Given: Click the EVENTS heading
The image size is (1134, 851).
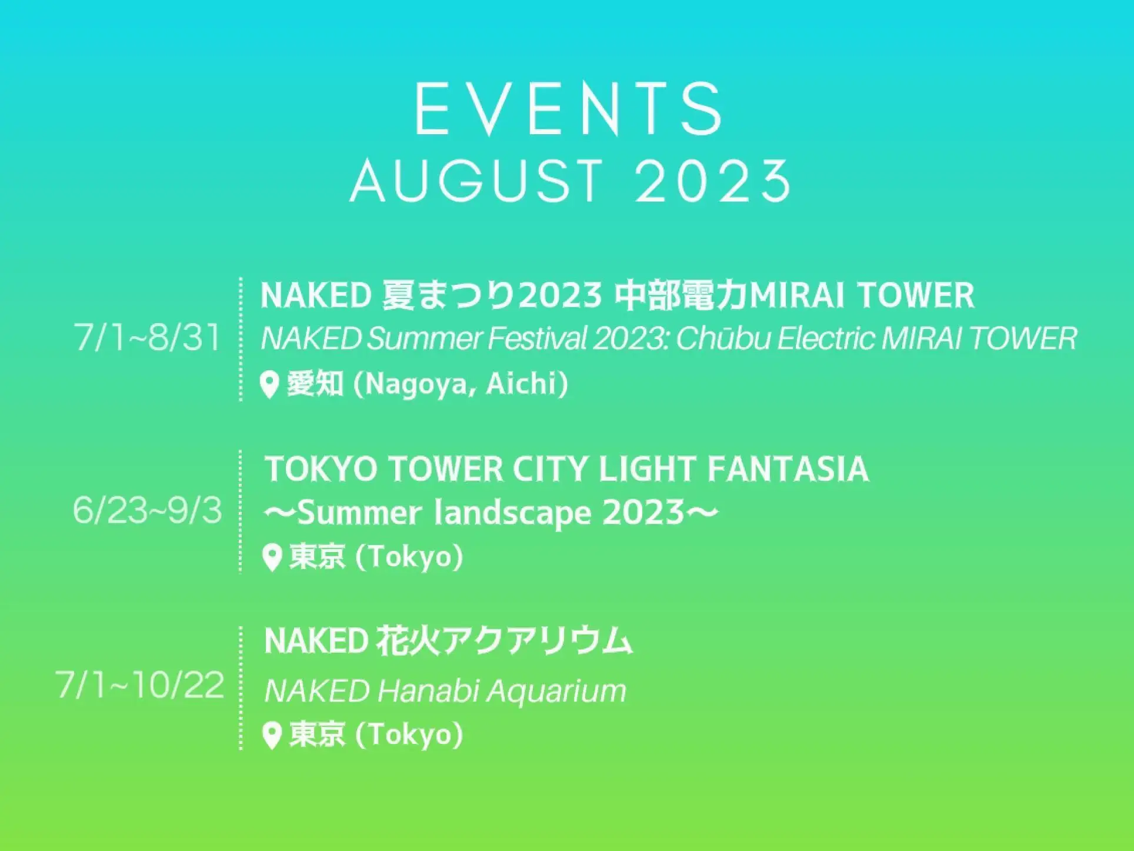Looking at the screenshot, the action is [x=569, y=109].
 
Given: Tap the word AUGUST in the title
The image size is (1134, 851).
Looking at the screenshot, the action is [x=477, y=181].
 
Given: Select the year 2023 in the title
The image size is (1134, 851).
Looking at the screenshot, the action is [x=713, y=181].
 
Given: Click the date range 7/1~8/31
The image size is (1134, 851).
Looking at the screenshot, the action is [x=147, y=337].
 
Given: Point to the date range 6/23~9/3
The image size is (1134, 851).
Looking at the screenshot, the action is [x=147, y=510].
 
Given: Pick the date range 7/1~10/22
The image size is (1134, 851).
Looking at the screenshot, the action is [x=140, y=684].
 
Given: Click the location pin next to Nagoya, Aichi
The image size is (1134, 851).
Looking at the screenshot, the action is [x=269, y=385].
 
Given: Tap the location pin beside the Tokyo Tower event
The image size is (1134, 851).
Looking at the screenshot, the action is [x=272, y=558].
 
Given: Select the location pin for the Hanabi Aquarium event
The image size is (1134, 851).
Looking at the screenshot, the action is [x=272, y=736].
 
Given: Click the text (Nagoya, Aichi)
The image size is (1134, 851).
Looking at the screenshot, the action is [x=461, y=384].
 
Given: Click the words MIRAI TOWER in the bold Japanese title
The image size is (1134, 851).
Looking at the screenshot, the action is [x=862, y=295].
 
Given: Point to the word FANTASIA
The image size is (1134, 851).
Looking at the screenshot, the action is [x=788, y=469].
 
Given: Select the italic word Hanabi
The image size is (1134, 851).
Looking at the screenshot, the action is [x=428, y=690].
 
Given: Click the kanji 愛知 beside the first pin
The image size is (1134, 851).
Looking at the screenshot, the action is [x=315, y=384].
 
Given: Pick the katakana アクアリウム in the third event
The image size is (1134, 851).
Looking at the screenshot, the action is [x=537, y=640].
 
